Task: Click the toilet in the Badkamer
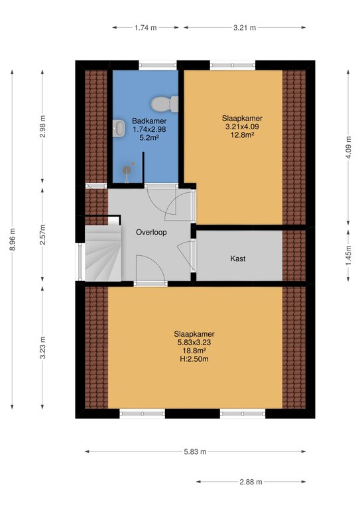(164, 104)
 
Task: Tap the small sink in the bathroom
(119, 128)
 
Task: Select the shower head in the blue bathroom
(127, 170)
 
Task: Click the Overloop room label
(151, 233)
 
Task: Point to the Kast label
(237, 258)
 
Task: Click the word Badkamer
(149, 121)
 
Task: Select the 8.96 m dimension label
(13, 239)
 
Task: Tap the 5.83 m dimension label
(195, 451)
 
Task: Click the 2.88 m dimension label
(251, 482)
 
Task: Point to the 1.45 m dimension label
(348, 255)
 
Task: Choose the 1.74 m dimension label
(145, 28)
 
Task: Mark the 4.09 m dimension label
(348, 147)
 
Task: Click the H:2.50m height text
(194, 359)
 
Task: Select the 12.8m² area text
(242, 135)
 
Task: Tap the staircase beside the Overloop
(103, 253)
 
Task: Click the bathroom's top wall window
(158, 65)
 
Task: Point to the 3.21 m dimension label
(245, 28)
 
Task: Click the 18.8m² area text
(194, 351)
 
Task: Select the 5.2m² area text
(149, 138)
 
